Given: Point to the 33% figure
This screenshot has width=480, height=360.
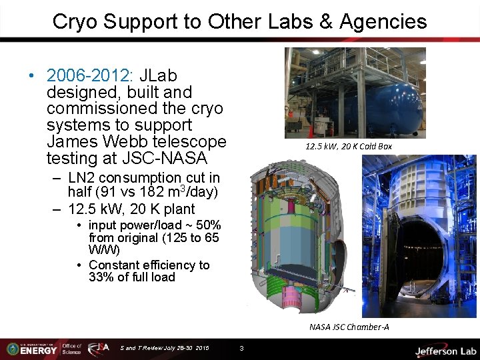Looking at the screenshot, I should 102,277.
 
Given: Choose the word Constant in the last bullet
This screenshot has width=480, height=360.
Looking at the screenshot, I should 115,265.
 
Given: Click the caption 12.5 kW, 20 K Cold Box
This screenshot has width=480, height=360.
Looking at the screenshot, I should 349,145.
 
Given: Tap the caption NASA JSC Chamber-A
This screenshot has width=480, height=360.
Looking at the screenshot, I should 349,327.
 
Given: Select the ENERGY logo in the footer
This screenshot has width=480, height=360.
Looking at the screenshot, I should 40,349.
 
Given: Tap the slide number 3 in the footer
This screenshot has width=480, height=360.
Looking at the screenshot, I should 241,348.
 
